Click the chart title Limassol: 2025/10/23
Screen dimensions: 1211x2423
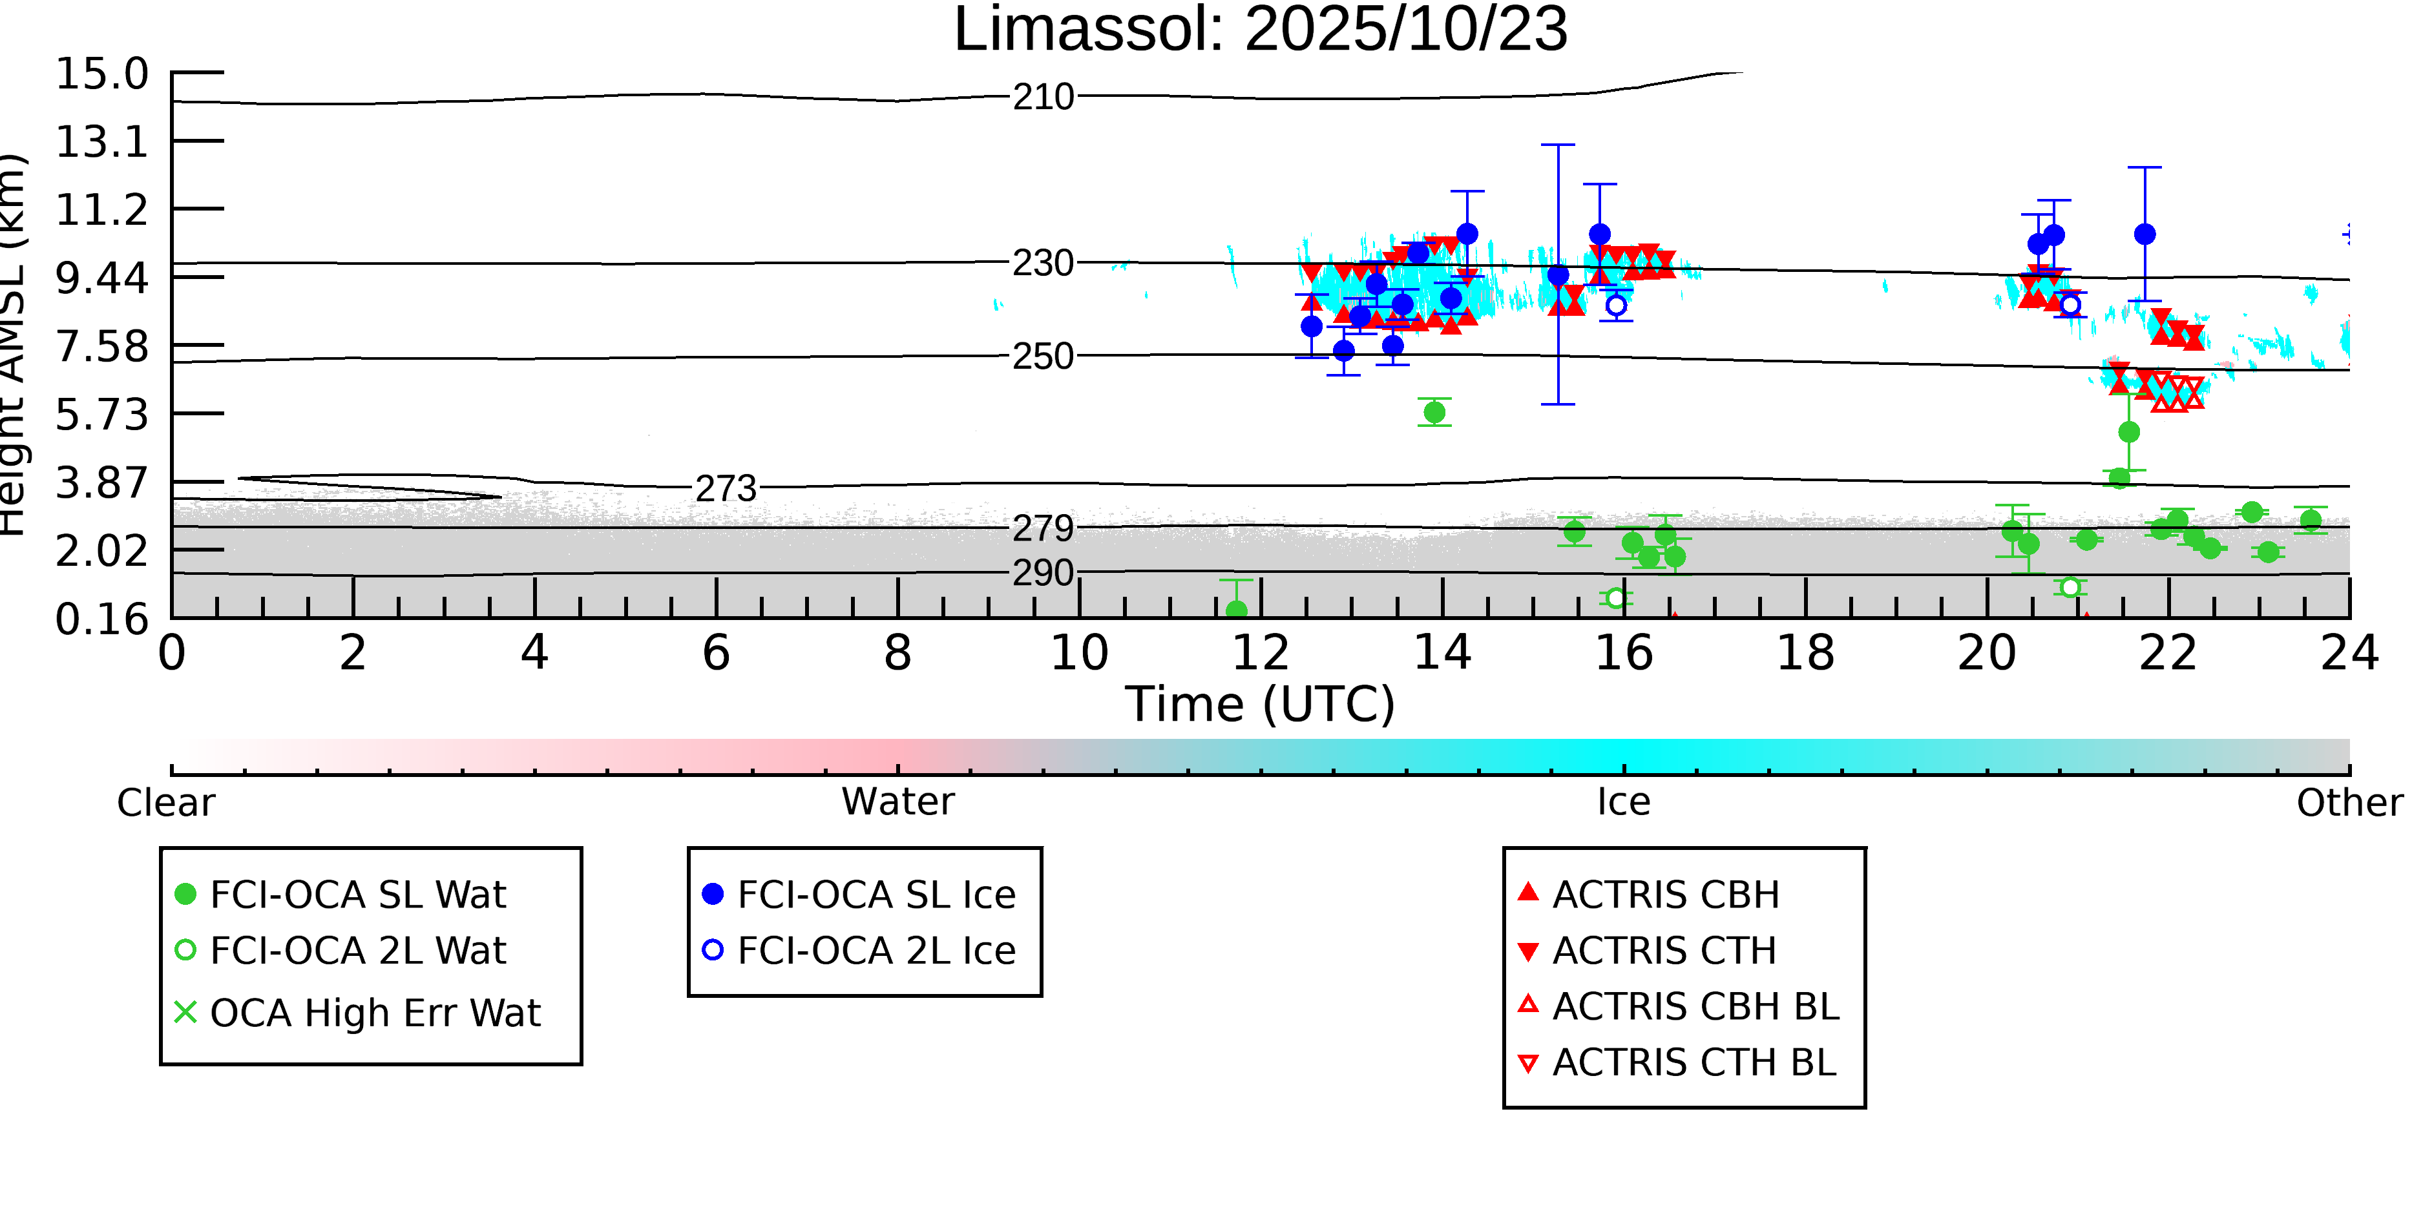click(1261, 30)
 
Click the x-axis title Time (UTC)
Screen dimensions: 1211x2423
click(1261, 704)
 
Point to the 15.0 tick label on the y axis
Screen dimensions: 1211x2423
click(101, 74)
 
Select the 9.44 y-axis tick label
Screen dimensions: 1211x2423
click(101, 278)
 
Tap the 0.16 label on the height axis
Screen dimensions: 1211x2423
click(101, 619)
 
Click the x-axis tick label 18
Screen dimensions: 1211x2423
click(1805, 654)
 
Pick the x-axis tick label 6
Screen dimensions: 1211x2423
click(716, 654)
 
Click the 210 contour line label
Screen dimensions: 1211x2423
click(1043, 97)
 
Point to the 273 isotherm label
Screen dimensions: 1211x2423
click(725, 489)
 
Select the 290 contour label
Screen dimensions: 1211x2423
click(1043, 573)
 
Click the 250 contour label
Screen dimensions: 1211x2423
click(1043, 357)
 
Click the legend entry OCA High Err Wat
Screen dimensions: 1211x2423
click(374, 1013)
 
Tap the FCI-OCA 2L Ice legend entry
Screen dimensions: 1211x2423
click(876, 951)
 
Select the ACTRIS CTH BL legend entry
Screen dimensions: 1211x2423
click(1693, 1063)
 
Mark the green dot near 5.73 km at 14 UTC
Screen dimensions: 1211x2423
click(1434, 413)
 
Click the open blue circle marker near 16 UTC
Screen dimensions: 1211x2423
click(1616, 305)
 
